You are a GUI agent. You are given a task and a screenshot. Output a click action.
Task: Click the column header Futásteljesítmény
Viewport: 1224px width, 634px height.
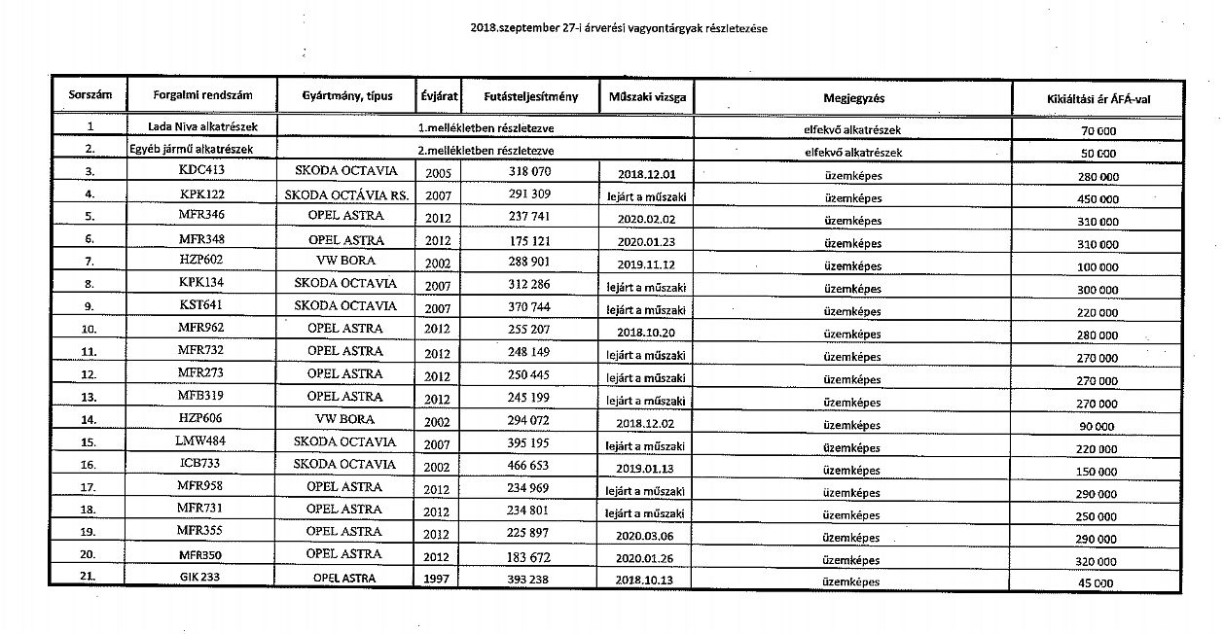(x=530, y=97)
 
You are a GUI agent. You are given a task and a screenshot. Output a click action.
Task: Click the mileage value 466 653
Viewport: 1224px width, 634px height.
(x=529, y=466)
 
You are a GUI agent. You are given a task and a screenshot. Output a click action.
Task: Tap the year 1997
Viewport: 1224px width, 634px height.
(x=438, y=579)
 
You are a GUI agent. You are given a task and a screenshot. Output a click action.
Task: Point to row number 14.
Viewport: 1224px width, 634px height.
(x=89, y=420)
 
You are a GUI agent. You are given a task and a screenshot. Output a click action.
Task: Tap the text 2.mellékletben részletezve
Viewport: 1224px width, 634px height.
(x=486, y=151)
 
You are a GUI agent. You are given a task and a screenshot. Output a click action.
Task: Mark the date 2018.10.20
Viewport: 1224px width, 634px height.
(x=646, y=332)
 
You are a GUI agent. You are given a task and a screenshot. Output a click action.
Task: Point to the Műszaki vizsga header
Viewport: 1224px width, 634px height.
(x=647, y=97)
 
